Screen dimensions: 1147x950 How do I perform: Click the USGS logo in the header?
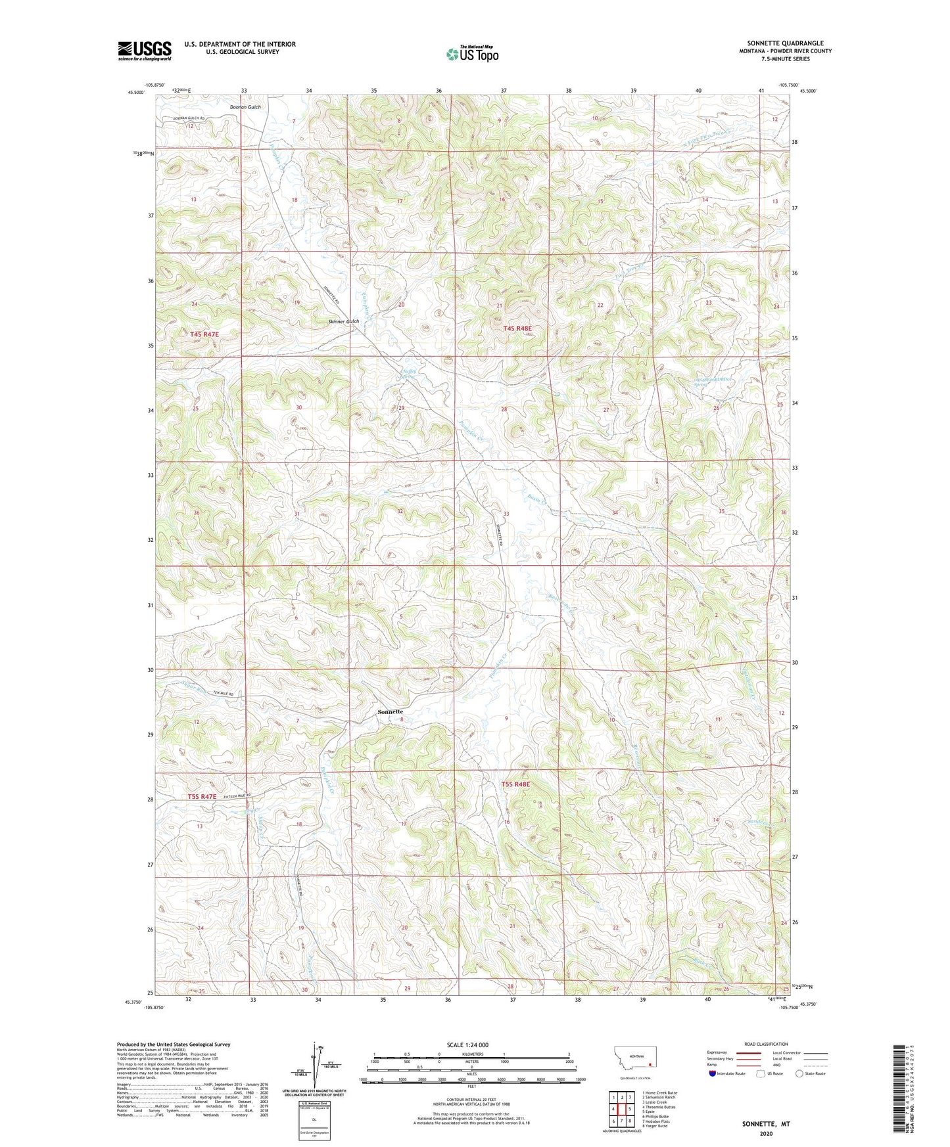145,51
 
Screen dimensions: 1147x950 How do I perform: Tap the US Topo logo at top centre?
471,54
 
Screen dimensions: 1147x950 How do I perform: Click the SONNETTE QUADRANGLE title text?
785,43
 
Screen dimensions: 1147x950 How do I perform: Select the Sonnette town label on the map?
390,711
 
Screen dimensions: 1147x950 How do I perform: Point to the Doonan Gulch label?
245,107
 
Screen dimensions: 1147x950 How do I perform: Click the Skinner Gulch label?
344,321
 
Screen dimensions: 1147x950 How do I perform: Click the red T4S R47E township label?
204,334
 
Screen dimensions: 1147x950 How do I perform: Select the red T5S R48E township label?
515,784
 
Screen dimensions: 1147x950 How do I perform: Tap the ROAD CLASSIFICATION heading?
766,1044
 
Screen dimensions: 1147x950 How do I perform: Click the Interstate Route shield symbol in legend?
713,1073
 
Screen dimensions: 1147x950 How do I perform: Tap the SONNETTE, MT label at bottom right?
766,1124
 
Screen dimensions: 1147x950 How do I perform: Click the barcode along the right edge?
898,1089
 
